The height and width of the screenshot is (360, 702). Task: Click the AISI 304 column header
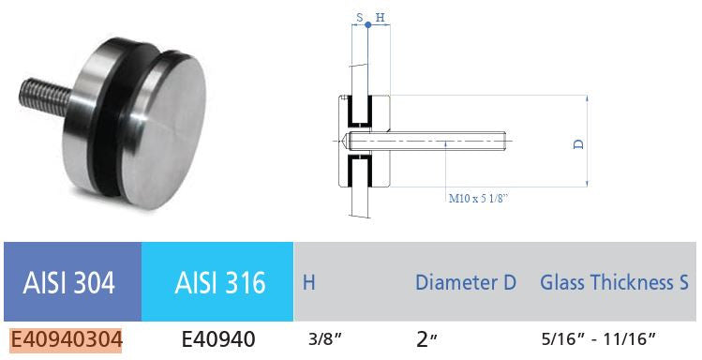[x=69, y=283]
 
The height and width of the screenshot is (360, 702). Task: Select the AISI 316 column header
[x=220, y=283]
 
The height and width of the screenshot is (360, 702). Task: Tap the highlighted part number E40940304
[x=66, y=339]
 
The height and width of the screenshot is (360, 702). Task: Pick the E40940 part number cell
[x=218, y=339]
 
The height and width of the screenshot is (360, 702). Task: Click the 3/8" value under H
[x=324, y=339]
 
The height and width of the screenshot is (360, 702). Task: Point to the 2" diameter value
[x=426, y=339]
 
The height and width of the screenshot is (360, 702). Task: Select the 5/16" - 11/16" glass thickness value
[x=598, y=339]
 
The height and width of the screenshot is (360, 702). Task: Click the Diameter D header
[x=466, y=282]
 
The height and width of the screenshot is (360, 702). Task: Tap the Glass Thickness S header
[x=614, y=282]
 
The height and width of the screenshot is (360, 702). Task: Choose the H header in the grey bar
[x=309, y=283]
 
